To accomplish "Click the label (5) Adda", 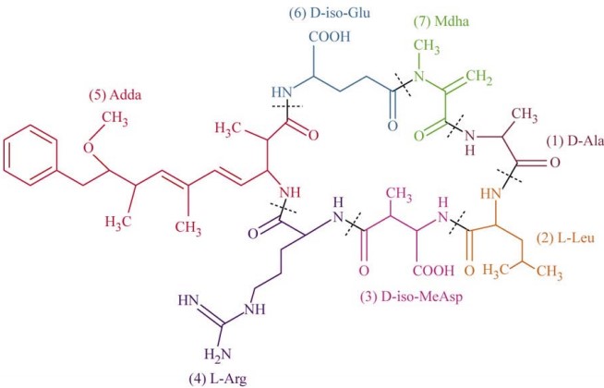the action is [x=115, y=95].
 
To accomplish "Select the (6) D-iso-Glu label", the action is [x=330, y=13].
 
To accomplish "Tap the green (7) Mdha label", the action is [x=441, y=21].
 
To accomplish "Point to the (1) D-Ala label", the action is [x=574, y=141].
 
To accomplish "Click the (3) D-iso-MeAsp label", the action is [x=411, y=297].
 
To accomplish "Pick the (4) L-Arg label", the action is [x=217, y=379].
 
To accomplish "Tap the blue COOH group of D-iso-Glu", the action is [x=330, y=37].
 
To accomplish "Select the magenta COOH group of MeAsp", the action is [x=433, y=270].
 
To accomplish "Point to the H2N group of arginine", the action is [x=218, y=354].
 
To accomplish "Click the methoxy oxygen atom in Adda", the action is [x=89, y=148].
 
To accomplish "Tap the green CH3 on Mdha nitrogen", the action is [x=427, y=46].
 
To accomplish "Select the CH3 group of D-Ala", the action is [x=525, y=115].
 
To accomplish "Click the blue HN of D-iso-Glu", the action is [x=282, y=92].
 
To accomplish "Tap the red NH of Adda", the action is [x=289, y=192].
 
